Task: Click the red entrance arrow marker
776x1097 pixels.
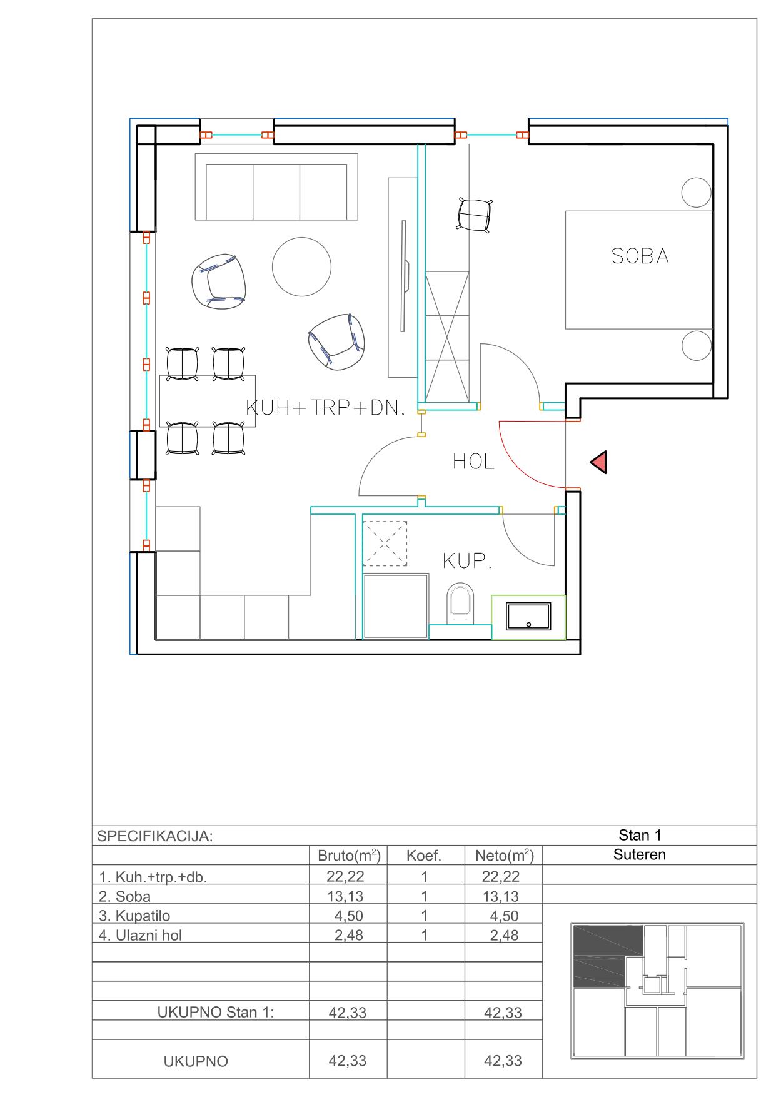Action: pos(600,462)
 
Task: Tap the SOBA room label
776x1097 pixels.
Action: pos(640,256)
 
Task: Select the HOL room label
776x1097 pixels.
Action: pos(473,462)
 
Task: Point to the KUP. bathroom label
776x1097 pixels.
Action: pos(467,561)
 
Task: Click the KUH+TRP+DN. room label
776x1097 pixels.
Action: pos(326,408)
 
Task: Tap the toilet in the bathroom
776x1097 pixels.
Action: pos(461,604)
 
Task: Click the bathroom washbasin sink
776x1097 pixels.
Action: pos(528,616)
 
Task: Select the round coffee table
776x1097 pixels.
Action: pos(301,266)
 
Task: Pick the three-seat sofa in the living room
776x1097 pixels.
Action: pos(276,186)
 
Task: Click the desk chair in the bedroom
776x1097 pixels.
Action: pos(475,215)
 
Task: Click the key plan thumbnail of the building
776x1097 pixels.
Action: pos(657,991)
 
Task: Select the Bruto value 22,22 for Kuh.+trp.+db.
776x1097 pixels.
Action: pos(345,876)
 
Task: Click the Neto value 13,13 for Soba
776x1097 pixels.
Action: pos(501,896)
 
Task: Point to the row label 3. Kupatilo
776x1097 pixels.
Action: pos(134,916)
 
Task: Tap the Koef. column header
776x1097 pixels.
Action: pos(424,856)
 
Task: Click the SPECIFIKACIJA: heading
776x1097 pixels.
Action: pos(155,836)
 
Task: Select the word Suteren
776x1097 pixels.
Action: pos(640,854)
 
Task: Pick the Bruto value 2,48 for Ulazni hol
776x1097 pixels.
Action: pos(349,935)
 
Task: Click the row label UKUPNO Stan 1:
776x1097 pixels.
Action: pos(216,1012)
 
